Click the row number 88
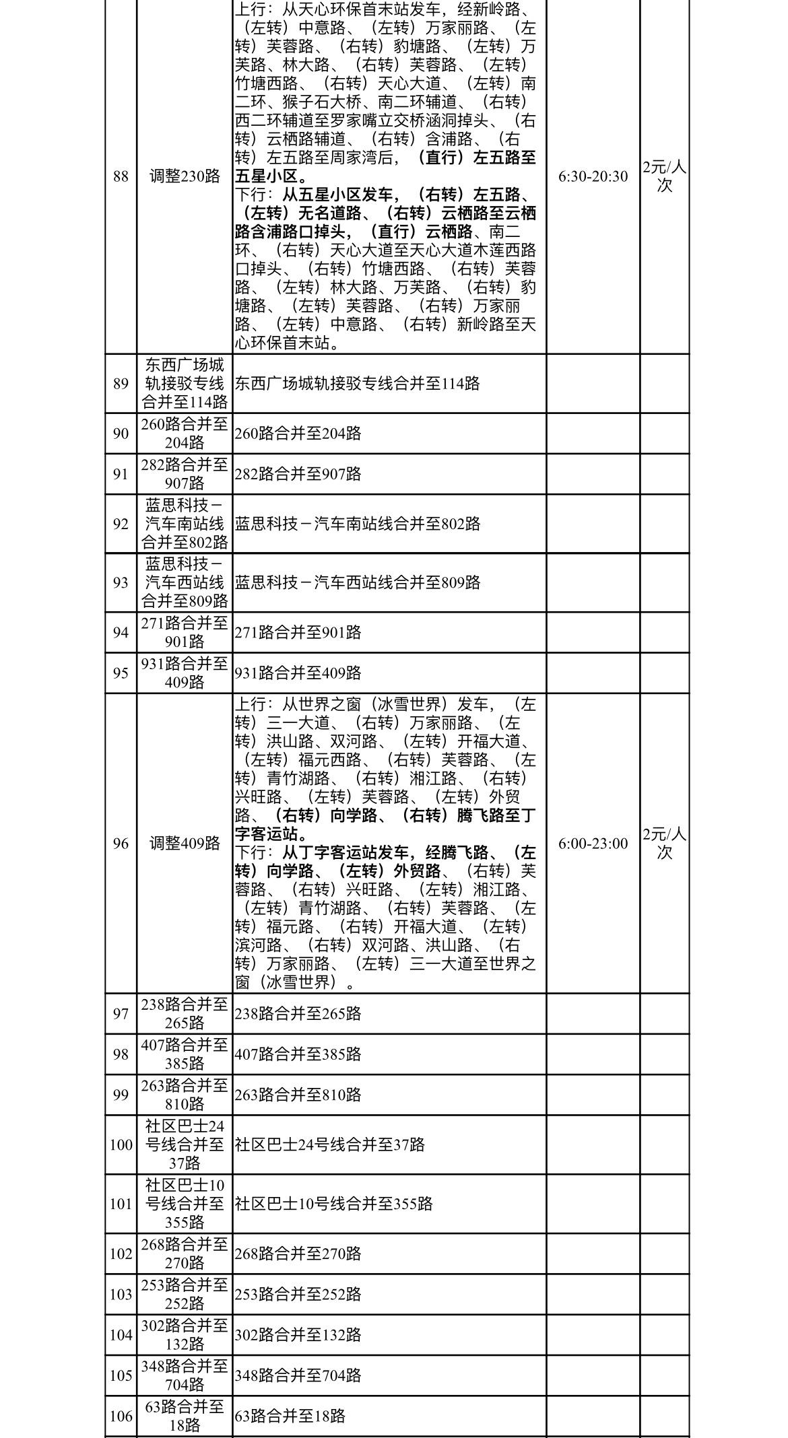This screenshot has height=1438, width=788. pyautogui.click(x=121, y=176)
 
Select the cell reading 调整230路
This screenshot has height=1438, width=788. pyautogui.click(x=185, y=176)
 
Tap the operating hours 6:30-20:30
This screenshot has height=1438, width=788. pyautogui.click(x=593, y=176)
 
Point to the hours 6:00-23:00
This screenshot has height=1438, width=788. pyautogui.click(x=593, y=844)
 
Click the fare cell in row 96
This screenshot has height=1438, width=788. pyautogui.click(x=664, y=844)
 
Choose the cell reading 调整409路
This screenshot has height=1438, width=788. pyautogui.click(x=185, y=844)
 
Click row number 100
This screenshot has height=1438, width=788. pyautogui.click(x=121, y=1144)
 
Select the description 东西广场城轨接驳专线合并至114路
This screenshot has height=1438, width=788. pyautogui.click(x=357, y=384)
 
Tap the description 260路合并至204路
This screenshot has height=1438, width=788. pyautogui.click(x=298, y=434)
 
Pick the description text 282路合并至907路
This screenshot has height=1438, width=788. pyautogui.click(x=298, y=474)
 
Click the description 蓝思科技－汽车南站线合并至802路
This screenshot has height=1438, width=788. pyautogui.click(x=357, y=524)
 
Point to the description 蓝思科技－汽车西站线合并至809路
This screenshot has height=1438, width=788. pyautogui.click(x=357, y=582)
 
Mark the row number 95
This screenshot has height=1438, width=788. pyautogui.click(x=121, y=673)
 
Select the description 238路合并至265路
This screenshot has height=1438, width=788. pyautogui.click(x=298, y=1013)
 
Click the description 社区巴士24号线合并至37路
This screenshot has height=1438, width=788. pyautogui.click(x=329, y=1144)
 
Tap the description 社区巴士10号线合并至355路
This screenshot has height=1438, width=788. pyautogui.click(x=333, y=1204)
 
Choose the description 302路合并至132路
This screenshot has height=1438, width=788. pyautogui.click(x=298, y=1334)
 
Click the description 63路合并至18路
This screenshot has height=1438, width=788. pyautogui.click(x=290, y=1416)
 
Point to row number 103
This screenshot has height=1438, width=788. pyautogui.click(x=121, y=1294)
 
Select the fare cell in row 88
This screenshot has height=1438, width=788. pyautogui.click(x=664, y=176)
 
